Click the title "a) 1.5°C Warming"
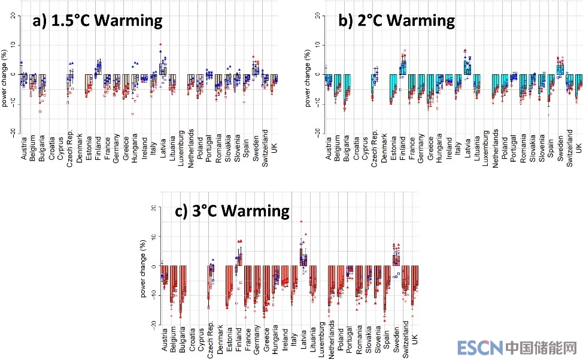tap(98, 20)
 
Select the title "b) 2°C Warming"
tap(397, 20)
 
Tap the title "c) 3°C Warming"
tap(232, 211)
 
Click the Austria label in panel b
tap(328, 149)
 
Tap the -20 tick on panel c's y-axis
tap(153, 323)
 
